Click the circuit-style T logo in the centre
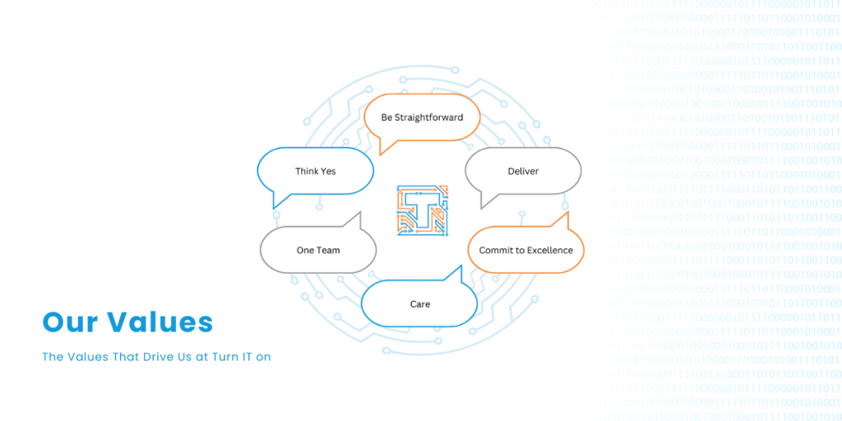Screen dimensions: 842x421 coord(423,210)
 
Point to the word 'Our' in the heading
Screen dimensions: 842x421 coord(70,322)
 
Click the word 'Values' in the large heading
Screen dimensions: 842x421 coord(160,322)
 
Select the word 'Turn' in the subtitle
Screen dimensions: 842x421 coord(222,357)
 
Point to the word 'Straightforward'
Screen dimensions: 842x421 coord(428,118)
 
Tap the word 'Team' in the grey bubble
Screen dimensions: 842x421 coord(329,250)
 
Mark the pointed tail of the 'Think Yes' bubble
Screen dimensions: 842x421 coord(275,208)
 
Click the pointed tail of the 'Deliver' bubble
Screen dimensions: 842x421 coord(482,208)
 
